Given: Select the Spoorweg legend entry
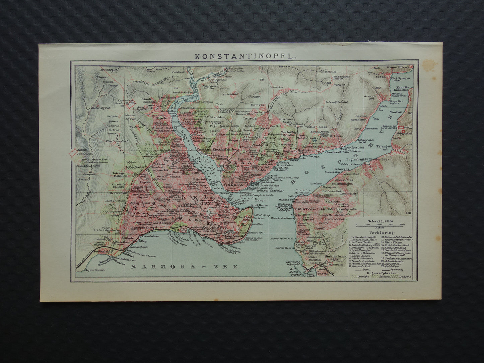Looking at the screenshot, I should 404,268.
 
